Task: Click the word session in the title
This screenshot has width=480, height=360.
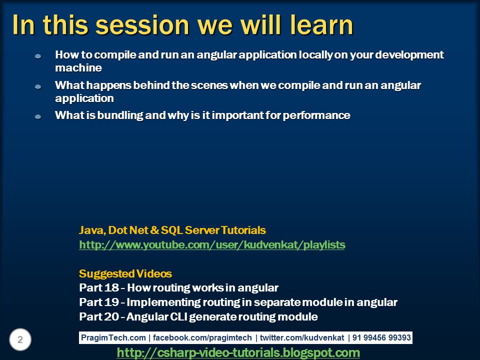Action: pyautogui.click(x=142, y=25)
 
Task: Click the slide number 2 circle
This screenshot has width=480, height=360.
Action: pyautogui.click(x=20, y=339)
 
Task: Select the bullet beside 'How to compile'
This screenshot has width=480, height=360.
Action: pyautogui.click(x=38, y=56)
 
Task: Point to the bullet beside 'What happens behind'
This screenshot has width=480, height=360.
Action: pyautogui.click(x=38, y=86)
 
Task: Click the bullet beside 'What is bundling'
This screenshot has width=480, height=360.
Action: pyautogui.click(x=38, y=116)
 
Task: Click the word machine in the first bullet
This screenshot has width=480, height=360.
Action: pyautogui.click(x=78, y=67)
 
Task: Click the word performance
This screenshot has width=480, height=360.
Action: pyautogui.click(x=316, y=115)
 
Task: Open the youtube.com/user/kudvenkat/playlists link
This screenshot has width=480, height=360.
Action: pyautogui.click(x=212, y=245)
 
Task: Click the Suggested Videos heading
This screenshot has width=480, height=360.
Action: pyautogui.click(x=125, y=273)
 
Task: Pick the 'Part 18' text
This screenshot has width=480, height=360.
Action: pyautogui.click(x=99, y=288)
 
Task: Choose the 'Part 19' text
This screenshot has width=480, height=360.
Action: pyautogui.click(x=99, y=302)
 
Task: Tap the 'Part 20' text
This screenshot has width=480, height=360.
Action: pyautogui.click(x=99, y=316)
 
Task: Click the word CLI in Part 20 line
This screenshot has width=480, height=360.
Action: pyautogui.click(x=178, y=316)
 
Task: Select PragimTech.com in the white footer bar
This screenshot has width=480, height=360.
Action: pyautogui.click(x=113, y=337)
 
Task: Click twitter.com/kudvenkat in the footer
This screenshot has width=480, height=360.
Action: pyautogui.click(x=302, y=337)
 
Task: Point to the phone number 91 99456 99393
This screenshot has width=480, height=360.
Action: pyautogui.click(x=381, y=337)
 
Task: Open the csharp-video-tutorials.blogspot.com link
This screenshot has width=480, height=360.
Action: pyautogui.click(x=238, y=352)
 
